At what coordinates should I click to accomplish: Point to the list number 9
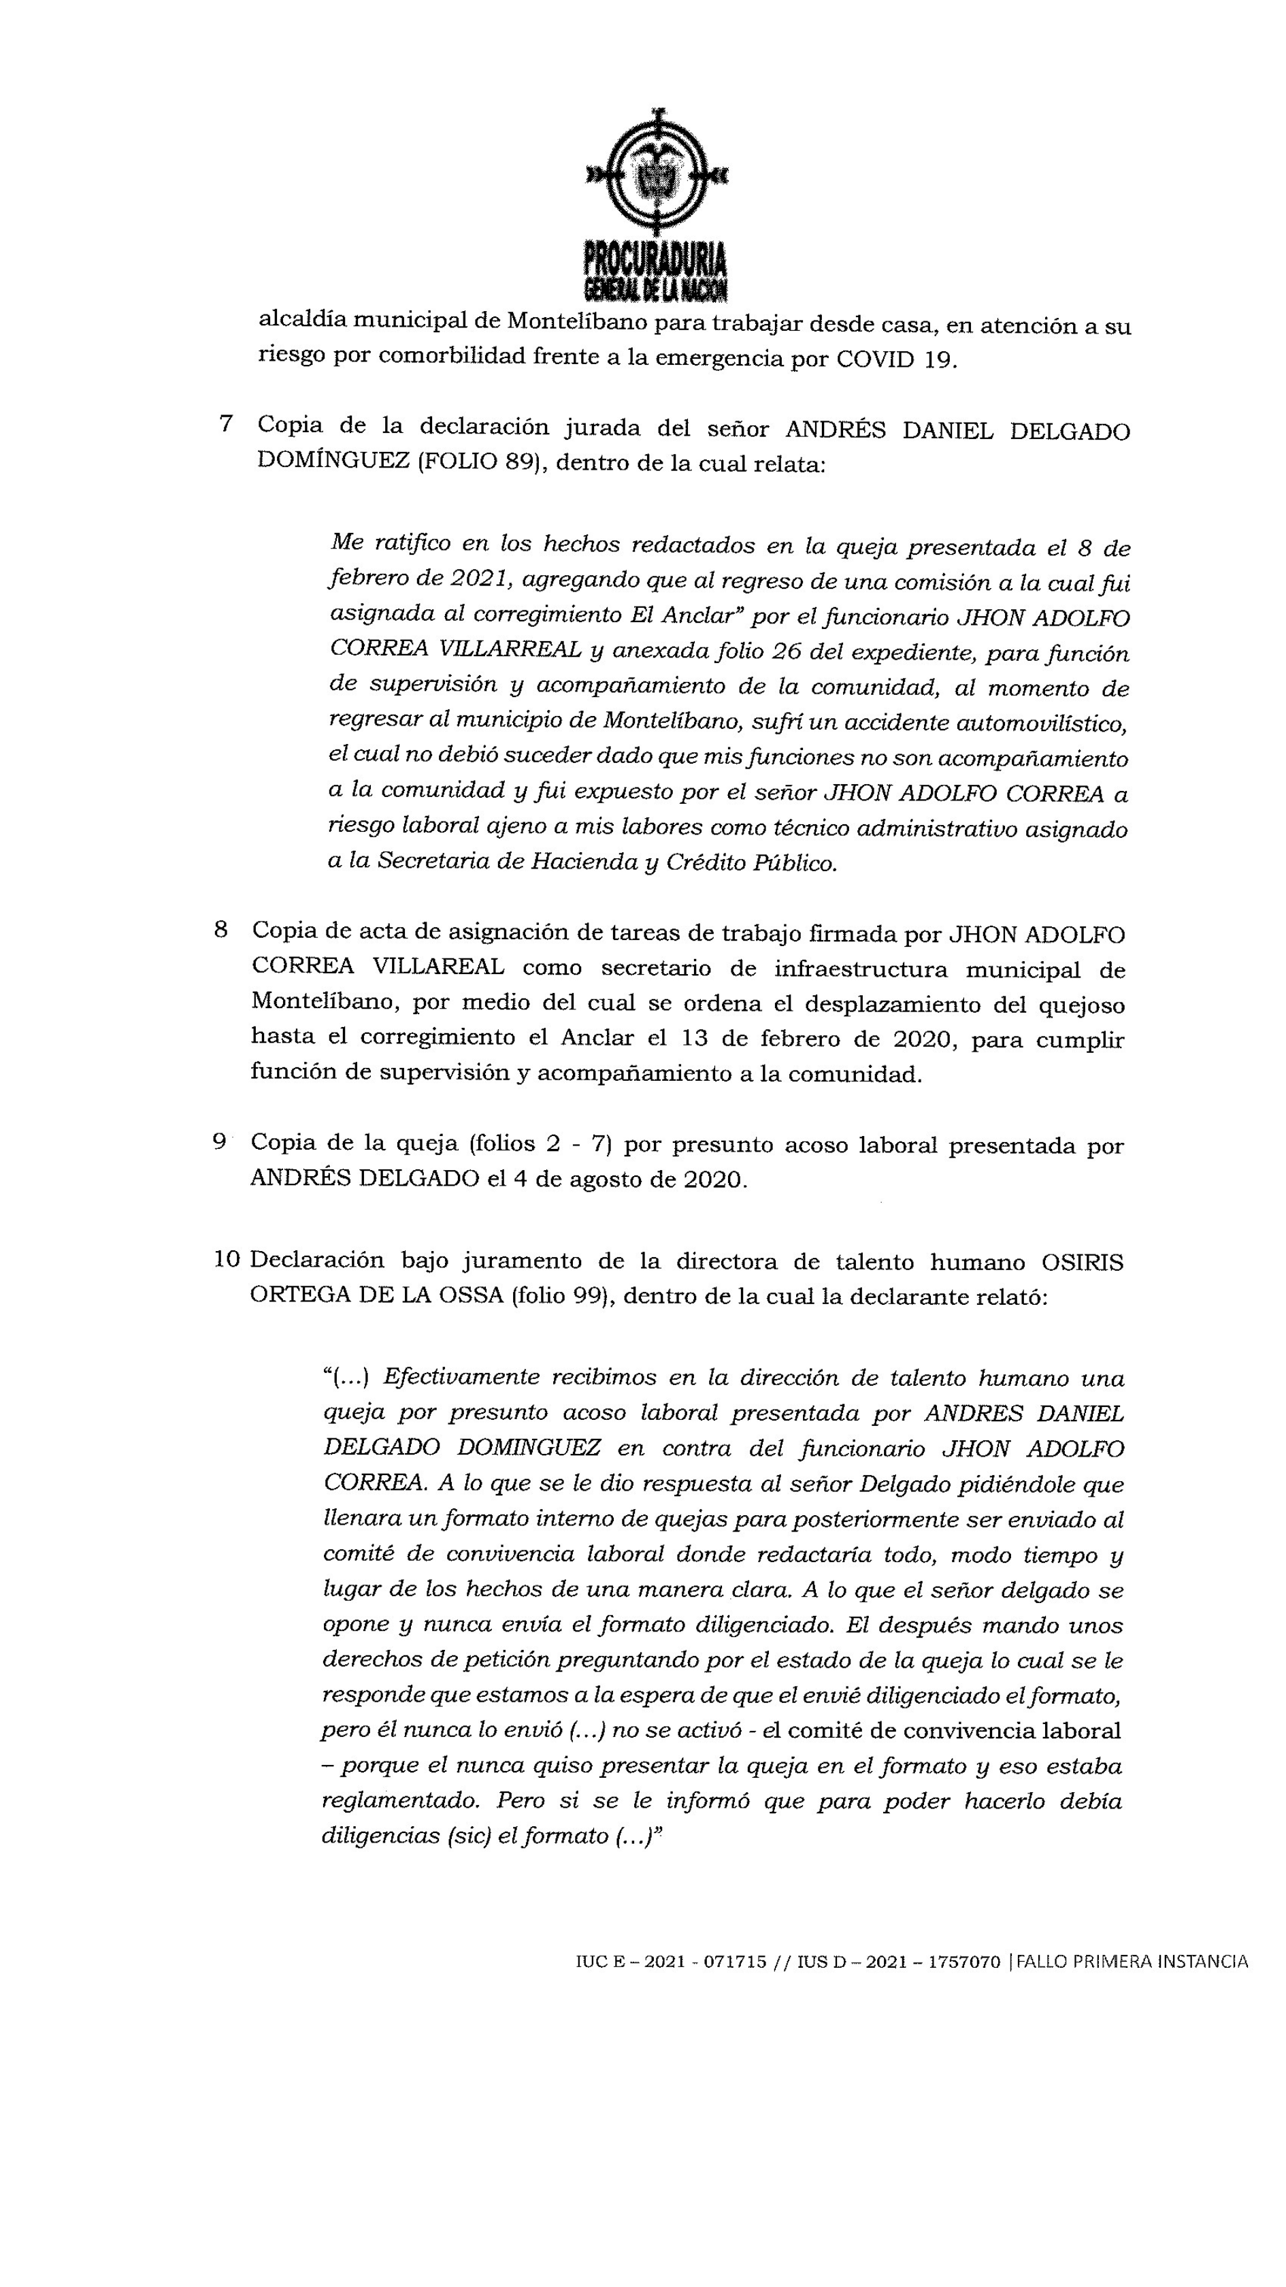tap(219, 1141)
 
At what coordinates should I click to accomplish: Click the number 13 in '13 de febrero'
tap(697, 1039)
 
